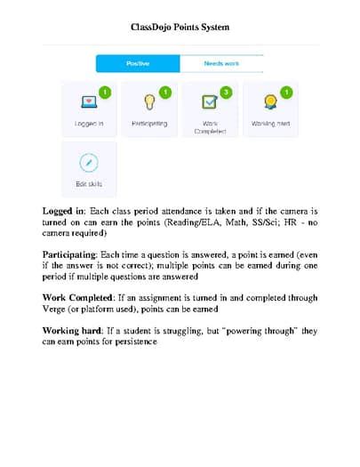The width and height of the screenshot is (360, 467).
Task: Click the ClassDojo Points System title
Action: [180, 28]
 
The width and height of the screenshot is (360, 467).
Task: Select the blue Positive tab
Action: [138, 64]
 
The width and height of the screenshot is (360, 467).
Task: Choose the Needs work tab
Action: [221, 64]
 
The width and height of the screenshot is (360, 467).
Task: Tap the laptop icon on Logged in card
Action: [89, 102]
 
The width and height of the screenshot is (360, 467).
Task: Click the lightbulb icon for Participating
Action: [148, 102]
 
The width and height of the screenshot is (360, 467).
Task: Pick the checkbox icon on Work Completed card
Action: [209, 102]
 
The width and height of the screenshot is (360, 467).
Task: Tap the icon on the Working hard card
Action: [269, 102]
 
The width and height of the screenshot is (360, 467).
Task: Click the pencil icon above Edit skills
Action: [89, 162]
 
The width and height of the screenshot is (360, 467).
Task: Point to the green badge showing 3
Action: [226, 92]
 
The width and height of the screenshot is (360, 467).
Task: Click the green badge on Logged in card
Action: [105, 92]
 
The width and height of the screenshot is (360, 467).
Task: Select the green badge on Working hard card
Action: [286, 92]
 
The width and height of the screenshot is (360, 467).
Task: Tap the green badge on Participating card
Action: [165, 92]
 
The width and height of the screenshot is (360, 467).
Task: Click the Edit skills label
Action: [89, 184]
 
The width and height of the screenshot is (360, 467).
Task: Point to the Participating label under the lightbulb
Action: [148, 124]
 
